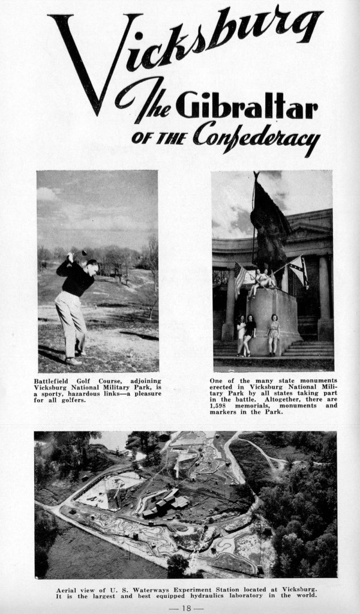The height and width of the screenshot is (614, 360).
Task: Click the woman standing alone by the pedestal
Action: point(275,333)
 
